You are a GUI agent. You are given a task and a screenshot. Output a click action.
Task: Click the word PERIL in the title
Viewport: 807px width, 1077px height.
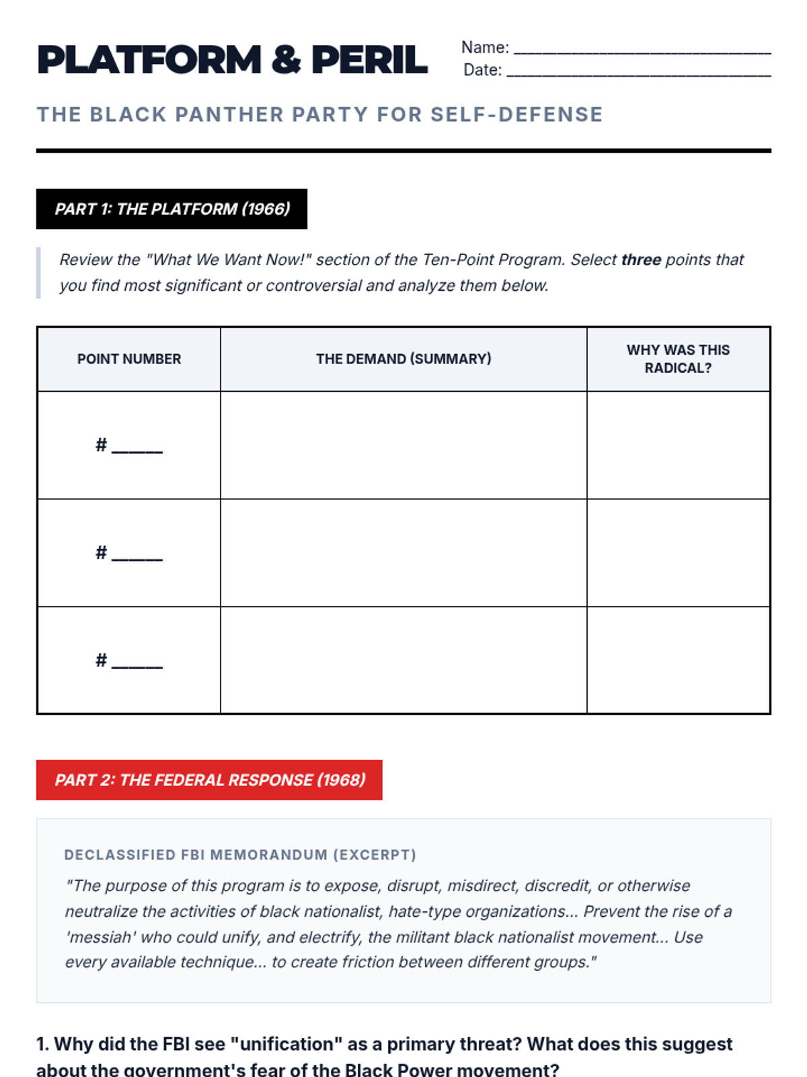pyautogui.click(x=369, y=60)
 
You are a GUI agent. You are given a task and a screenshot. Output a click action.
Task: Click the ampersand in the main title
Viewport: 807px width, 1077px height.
pyautogui.click(x=286, y=60)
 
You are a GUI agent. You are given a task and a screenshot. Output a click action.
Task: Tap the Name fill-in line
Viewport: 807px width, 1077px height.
pyautogui.click(x=642, y=51)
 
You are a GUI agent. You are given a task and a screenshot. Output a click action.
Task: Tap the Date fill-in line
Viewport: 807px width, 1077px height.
pyautogui.click(x=638, y=74)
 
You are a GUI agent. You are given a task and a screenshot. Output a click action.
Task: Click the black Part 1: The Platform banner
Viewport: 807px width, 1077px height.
pyautogui.click(x=171, y=209)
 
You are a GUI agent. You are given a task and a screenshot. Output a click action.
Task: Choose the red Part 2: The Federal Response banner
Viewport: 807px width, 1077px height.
pyautogui.click(x=209, y=780)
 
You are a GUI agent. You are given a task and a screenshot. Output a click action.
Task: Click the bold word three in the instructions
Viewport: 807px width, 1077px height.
pyautogui.click(x=641, y=260)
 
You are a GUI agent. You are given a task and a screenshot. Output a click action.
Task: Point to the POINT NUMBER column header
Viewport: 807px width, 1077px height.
pyautogui.click(x=129, y=359)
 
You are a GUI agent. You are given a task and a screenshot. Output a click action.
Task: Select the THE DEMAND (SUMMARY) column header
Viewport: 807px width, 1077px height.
pyautogui.click(x=403, y=359)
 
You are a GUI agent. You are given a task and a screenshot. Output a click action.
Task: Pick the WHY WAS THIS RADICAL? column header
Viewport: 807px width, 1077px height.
pyautogui.click(x=678, y=359)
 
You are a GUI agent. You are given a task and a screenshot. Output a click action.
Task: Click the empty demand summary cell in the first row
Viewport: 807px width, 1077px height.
pyautogui.click(x=403, y=445)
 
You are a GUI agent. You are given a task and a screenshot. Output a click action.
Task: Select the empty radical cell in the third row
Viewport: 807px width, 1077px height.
pyautogui.click(x=678, y=660)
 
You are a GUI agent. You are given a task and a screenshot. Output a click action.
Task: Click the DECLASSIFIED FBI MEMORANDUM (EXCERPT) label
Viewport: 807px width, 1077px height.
pyautogui.click(x=240, y=855)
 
